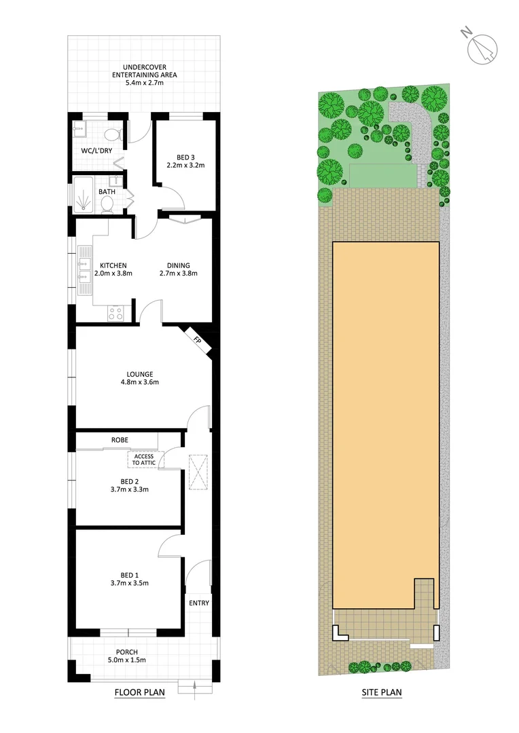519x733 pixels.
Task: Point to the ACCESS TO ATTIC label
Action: pos(143,459)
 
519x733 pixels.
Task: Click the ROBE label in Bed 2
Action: pos(120,440)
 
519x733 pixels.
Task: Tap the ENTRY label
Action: pos(199,603)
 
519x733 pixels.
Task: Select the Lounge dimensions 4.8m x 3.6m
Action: pos(140,382)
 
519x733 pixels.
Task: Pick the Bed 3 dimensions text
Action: pos(185,165)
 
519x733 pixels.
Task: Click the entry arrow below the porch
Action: pos(195,688)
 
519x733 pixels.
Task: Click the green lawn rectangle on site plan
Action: pos(382,175)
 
